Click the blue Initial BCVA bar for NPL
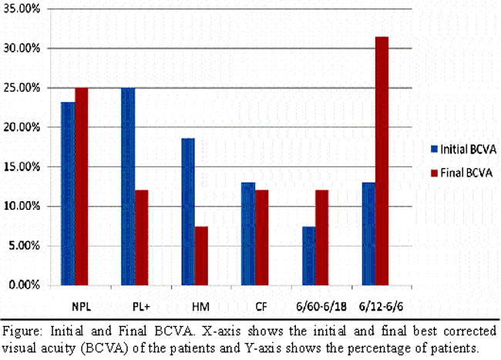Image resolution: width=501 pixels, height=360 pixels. tap(69, 193)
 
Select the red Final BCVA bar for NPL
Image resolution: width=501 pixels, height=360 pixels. tap(82, 186)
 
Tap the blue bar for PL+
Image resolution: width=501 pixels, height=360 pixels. tap(128, 186)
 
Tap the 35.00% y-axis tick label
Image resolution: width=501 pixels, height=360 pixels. tap(30, 8)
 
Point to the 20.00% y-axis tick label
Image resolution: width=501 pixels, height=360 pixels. tap(30, 127)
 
